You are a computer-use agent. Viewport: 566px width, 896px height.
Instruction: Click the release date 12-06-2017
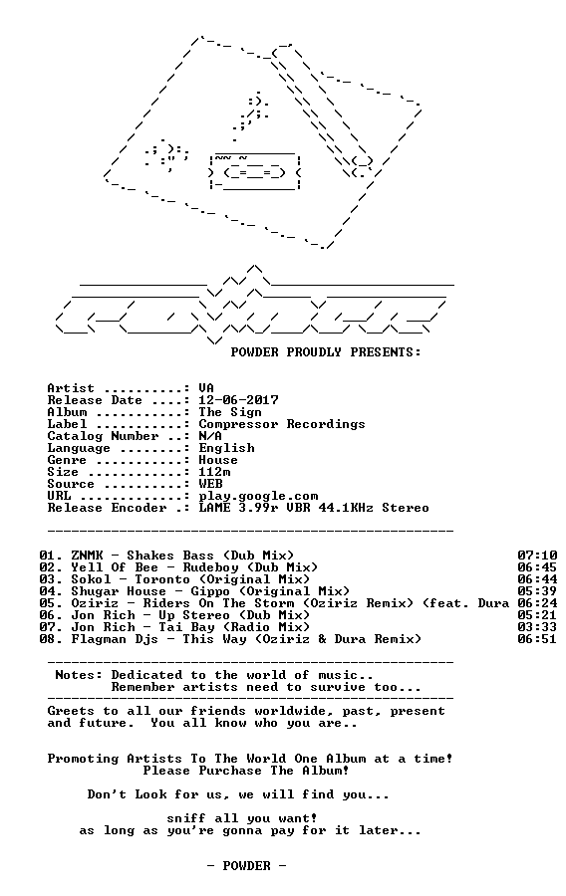point(238,400)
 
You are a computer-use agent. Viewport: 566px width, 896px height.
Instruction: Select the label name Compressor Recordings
point(282,424)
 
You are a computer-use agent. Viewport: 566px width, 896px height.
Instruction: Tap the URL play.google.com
point(258,496)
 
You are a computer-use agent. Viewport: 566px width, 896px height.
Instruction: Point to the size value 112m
point(215,472)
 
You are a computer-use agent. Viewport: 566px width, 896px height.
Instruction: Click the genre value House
point(218,460)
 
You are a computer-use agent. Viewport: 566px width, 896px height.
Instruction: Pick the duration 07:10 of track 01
point(537,556)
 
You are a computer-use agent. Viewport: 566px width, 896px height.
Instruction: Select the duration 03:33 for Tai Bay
point(537,627)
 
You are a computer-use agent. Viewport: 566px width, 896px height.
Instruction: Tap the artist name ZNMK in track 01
point(87,556)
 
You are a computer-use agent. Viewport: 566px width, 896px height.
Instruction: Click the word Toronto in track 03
point(162,579)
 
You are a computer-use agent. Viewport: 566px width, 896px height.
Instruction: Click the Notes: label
point(79,675)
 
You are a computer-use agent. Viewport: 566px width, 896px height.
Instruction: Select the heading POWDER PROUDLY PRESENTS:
point(326,352)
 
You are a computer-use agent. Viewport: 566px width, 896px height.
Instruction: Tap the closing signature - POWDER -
point(246,866)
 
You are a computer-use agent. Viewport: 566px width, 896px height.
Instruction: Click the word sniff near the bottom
point(186,818)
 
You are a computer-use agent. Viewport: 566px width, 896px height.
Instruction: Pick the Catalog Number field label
point(103,437)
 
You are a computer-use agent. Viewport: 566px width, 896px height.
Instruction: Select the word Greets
point(71,711)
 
